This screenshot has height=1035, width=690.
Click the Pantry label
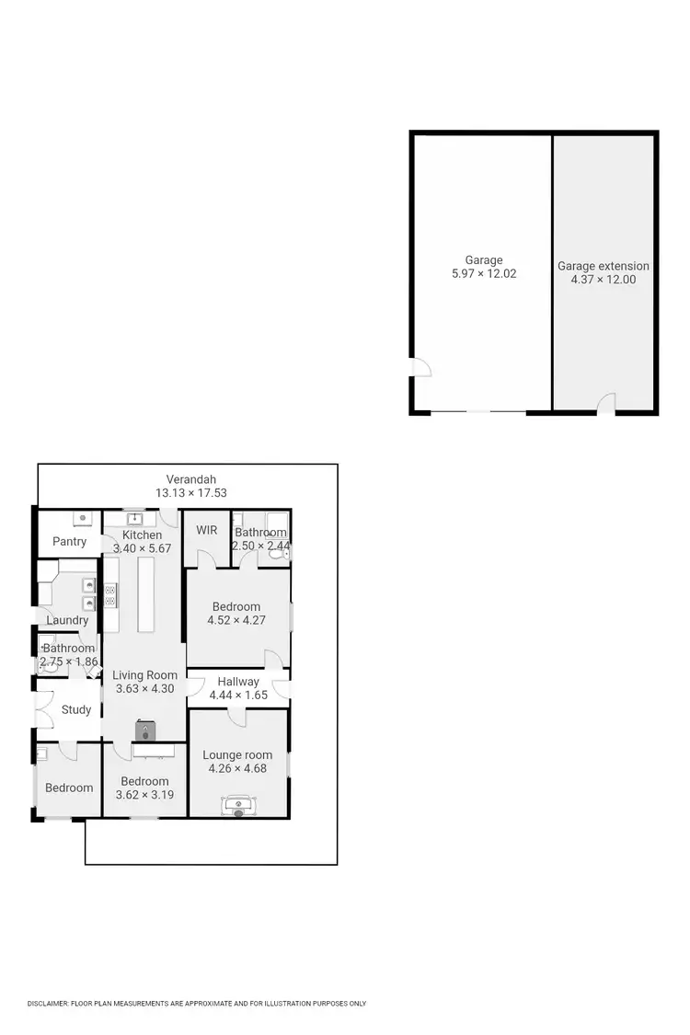coord(69,542)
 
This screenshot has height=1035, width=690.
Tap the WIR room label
coord(206,531)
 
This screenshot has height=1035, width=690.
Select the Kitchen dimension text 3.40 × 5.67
coord(142,548)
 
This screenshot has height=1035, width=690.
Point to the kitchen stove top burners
coord(109,595)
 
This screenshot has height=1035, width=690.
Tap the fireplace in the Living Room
coord(145,730)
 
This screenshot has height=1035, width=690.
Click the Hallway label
coord(238,682)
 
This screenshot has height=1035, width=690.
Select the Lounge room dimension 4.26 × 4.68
coord(237,768)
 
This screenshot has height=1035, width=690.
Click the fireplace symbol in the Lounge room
coord(238,806)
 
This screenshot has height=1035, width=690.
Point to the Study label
coord(76,709)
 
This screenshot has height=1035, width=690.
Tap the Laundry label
coord(67,620)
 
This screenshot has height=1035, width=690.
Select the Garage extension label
coord(604,266)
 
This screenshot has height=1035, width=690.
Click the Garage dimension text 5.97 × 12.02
coord(484,273)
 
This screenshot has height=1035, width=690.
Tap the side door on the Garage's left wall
coord(420,368)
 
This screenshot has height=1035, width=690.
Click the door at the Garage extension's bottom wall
coord(606,404)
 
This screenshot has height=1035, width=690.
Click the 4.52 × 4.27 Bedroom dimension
coord(236,620)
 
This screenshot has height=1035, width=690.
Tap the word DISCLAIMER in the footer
coord(48,1004)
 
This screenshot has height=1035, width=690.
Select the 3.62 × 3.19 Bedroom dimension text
coord(144,795)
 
